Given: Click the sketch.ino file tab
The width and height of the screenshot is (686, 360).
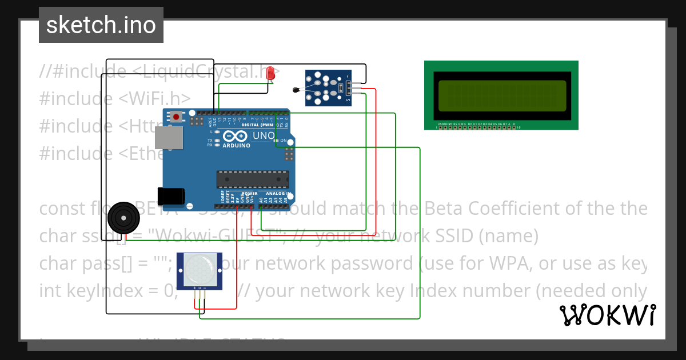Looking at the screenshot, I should point(101,25).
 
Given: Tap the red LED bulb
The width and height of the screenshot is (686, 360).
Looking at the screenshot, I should point(270,73).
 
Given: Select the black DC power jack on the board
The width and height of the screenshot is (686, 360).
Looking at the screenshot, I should point(171,196).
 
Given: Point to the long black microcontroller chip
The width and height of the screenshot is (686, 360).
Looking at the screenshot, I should point(251,179).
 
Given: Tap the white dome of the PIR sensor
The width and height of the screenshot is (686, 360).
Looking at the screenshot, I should point(199,269).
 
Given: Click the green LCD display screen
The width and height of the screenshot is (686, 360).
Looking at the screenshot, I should point(502,95).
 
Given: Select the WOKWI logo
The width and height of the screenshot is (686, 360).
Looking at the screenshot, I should point(607,315).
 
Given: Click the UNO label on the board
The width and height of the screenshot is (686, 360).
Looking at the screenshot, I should point(264,136).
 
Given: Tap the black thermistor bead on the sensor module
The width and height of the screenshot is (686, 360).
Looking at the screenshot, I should point(296,89).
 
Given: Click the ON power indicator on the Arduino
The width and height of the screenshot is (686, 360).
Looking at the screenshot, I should point(283,140).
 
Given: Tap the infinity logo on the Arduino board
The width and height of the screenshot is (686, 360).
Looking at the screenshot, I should point(235,136).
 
